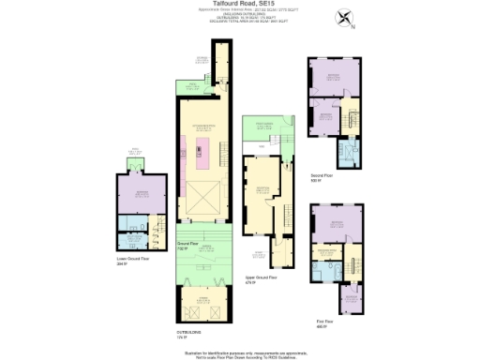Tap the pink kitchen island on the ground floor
click(x=200, y=151)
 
